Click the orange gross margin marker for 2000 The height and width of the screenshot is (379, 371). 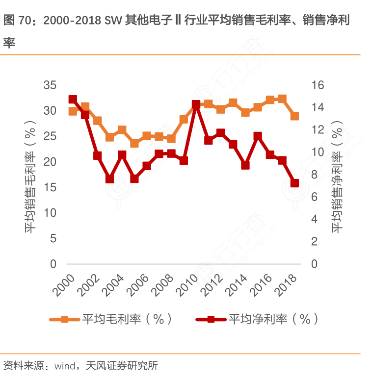point(73,111)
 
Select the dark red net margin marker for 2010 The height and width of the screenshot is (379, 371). point(196,104)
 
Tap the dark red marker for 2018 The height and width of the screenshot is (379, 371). point(294,183)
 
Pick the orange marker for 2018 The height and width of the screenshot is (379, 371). point(294,116)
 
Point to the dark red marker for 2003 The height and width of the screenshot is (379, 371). point(109,179)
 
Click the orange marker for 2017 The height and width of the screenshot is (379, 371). point(282,99)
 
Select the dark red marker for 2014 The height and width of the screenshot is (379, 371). point(245,165)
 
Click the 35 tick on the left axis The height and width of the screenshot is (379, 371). point(50,85)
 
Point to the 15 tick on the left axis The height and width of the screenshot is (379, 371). point(50,188)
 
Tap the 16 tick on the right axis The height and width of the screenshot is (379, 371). point(318,85)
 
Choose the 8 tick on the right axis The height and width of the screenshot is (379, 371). point(316,175)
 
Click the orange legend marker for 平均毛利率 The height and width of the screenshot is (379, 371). point(64,319)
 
